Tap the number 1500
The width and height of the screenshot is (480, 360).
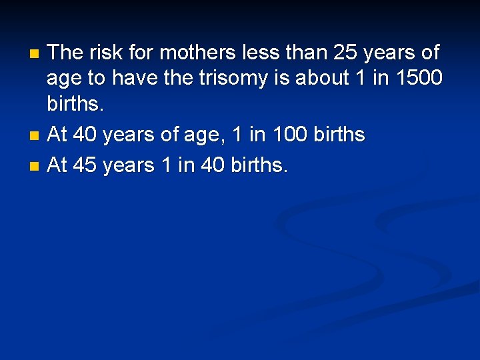point(418,78)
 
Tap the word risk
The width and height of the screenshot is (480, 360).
point(107,51)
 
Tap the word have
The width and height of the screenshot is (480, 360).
point(133,78)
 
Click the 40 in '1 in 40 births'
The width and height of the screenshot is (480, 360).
point(212,165)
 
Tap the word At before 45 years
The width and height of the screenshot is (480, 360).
point(57,165)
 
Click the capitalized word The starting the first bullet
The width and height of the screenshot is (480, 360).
point(65,51)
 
